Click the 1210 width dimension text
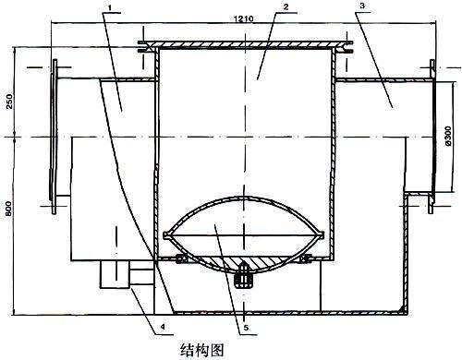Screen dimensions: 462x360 tap(243, 18)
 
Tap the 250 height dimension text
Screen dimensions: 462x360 tap(10, 102)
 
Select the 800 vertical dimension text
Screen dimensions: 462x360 tap(9, 209)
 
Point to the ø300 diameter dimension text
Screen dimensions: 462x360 tap(448, 136)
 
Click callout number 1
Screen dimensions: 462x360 tap(110, 6)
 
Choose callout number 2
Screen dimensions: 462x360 tap(286, 6)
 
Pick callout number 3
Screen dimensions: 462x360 tap(362, 6)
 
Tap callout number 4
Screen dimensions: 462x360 tap(163, 327)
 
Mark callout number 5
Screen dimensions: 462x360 tap(246, 328)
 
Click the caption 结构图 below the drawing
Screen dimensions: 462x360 tap(201, 350)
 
